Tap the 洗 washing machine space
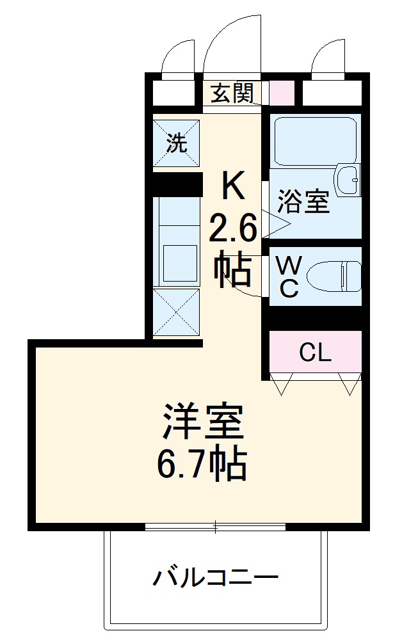point(177,143)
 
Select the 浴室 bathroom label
point(303,202)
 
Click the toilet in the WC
point(334,275)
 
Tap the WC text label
point(289,276)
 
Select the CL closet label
point(316,353)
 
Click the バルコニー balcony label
point(215,579)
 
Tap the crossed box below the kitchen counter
point(177,312)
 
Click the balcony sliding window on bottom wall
point(215,527)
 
